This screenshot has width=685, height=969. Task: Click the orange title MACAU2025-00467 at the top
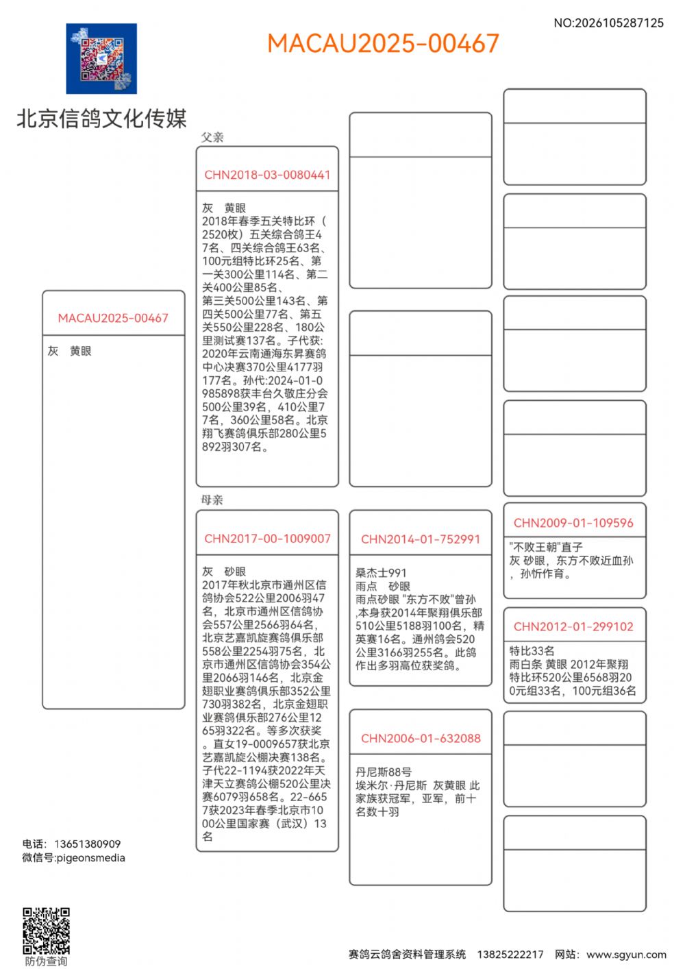click(383, 43)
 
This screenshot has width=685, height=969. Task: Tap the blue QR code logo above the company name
click(101, 59)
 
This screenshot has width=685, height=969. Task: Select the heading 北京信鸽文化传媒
click(101, 119)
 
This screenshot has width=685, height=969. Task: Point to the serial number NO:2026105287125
click(608, 23)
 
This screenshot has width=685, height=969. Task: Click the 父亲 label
click(212, 137)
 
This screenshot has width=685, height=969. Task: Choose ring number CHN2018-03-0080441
click(267, 175)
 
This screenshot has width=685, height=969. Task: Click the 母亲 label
click(212, 500)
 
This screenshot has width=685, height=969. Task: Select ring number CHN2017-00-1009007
click(267, 539)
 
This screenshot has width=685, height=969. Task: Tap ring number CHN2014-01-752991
click(421, 539)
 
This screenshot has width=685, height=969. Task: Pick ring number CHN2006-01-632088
click(421, 738)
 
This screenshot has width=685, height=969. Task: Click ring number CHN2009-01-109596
click(573, 523)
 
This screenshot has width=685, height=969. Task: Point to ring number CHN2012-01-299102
click(573, 626)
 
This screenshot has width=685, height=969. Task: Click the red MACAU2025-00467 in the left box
click(113, 318)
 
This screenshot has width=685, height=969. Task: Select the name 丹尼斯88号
click(384, 772)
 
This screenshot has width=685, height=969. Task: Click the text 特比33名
click(532, 650)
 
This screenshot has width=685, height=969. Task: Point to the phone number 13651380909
click(87, 844)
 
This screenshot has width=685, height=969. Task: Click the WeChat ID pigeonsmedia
click(90, 857)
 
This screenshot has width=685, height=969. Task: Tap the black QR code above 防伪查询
click(46, 931)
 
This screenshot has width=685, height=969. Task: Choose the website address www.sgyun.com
click(626, 954)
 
